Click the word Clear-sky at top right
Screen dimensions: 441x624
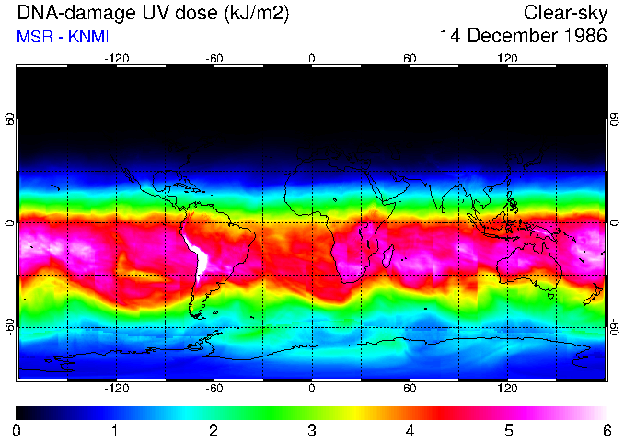tap(565, 14)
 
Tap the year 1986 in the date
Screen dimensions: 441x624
tap(584, 37)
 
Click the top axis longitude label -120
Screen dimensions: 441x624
tap(116, 58)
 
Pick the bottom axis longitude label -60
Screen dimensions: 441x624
tap(214, 389)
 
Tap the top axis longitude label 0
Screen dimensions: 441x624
tap(312, 58)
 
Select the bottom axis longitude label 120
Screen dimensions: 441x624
tap(508, 389)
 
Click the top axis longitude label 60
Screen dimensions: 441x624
tap(410, 58)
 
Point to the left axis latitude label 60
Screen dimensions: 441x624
tap(10, 119)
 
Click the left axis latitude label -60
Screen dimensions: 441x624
tap(10, 326)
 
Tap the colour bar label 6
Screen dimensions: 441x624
tap(607, 430)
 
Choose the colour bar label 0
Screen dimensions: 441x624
tap(17, 430)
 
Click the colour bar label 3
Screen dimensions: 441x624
tap(312, 430)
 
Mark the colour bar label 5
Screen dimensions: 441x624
tap(508, 430)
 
